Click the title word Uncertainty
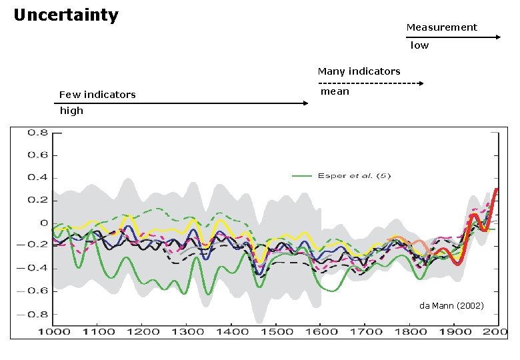(66, 15)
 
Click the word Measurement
(442, 27)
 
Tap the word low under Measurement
(419, 45)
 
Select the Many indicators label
(359, 71)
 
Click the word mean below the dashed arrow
(335, 91)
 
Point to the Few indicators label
(97, 95)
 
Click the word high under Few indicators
(71, 111)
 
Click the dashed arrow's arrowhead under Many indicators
(421, 83)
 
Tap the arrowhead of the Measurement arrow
(499, 37)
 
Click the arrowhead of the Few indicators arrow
(306, 103)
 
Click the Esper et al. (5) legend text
(354, 176)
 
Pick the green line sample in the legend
(302, 176)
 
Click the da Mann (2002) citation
(451, 305)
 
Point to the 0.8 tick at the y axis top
(38, 133)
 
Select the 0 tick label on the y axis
(44, 223)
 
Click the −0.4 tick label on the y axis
(33, 268)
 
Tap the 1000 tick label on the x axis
(54, 331)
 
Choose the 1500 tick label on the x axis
(277, 331)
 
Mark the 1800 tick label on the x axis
(411, 331)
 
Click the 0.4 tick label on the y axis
(38, 178)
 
